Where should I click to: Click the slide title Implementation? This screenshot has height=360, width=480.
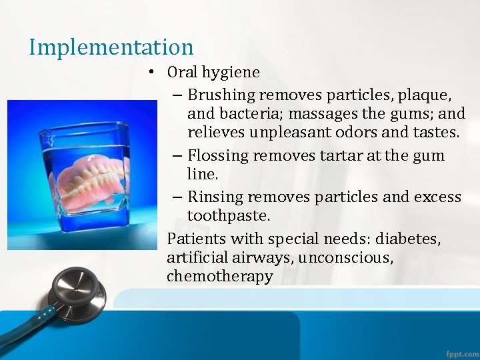(111, 47)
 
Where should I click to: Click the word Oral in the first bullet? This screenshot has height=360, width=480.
(181, 72)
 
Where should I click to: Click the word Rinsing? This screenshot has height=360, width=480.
(213, 197)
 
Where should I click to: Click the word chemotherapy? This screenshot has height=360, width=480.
(220, 277)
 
